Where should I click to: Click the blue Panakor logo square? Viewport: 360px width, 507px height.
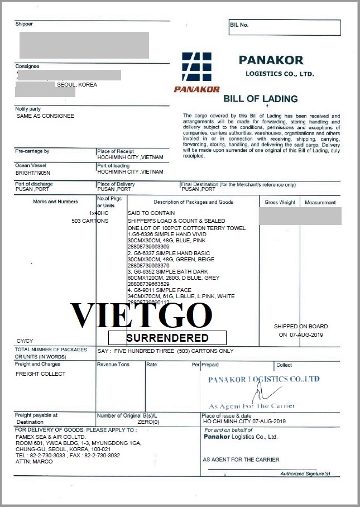coord(196,67)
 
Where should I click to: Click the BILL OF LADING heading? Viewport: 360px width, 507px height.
coord(261,99)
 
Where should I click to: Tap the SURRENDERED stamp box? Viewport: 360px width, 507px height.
coord(167,338)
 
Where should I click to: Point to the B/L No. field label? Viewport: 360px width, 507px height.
coord(239,25)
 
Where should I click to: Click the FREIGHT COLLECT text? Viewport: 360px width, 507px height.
coord(40,374)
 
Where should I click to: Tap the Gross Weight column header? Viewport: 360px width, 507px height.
coord(280,202)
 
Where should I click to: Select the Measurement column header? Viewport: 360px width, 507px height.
coord(320,202)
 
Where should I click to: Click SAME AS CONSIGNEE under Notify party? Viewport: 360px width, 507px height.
coord(45,116)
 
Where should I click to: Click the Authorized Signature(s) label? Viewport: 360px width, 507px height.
coord(305,474)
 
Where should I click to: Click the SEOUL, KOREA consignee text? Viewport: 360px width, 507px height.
coord(77,85)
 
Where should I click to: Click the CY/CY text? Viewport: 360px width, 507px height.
coord(24,341)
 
